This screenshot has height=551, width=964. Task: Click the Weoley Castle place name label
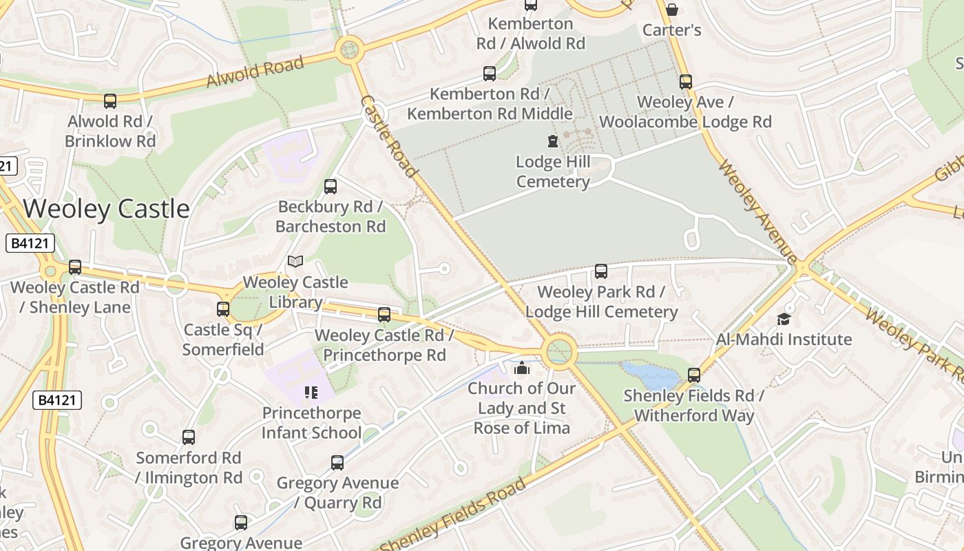point(106,209)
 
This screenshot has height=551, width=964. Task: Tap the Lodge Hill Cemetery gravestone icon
point(552,141)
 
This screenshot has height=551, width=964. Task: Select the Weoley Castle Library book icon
point(295,261)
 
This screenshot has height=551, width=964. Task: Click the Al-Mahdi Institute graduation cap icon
point(784,319)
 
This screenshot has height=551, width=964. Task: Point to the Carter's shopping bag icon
point(671,10)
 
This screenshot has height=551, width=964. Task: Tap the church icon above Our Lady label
point(522,368)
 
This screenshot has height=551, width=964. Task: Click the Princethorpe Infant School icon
point(311,393)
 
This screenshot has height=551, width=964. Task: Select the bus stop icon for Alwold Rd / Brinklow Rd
point(110,101)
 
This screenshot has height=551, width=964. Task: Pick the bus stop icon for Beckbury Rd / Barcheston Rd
point(331,186)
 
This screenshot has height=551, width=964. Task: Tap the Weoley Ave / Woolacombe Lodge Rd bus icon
point(685,82)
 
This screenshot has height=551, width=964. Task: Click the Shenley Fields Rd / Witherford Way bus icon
point(694,375)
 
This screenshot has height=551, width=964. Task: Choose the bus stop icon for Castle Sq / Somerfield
point(223,309)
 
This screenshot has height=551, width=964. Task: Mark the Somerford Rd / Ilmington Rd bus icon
point(189,437)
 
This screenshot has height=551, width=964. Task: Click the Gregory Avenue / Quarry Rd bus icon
point(337,463)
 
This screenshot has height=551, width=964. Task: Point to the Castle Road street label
point(388,136)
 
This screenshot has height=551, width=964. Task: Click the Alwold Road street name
point(255,72)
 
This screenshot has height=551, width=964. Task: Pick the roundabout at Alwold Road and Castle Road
point(349,50)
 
